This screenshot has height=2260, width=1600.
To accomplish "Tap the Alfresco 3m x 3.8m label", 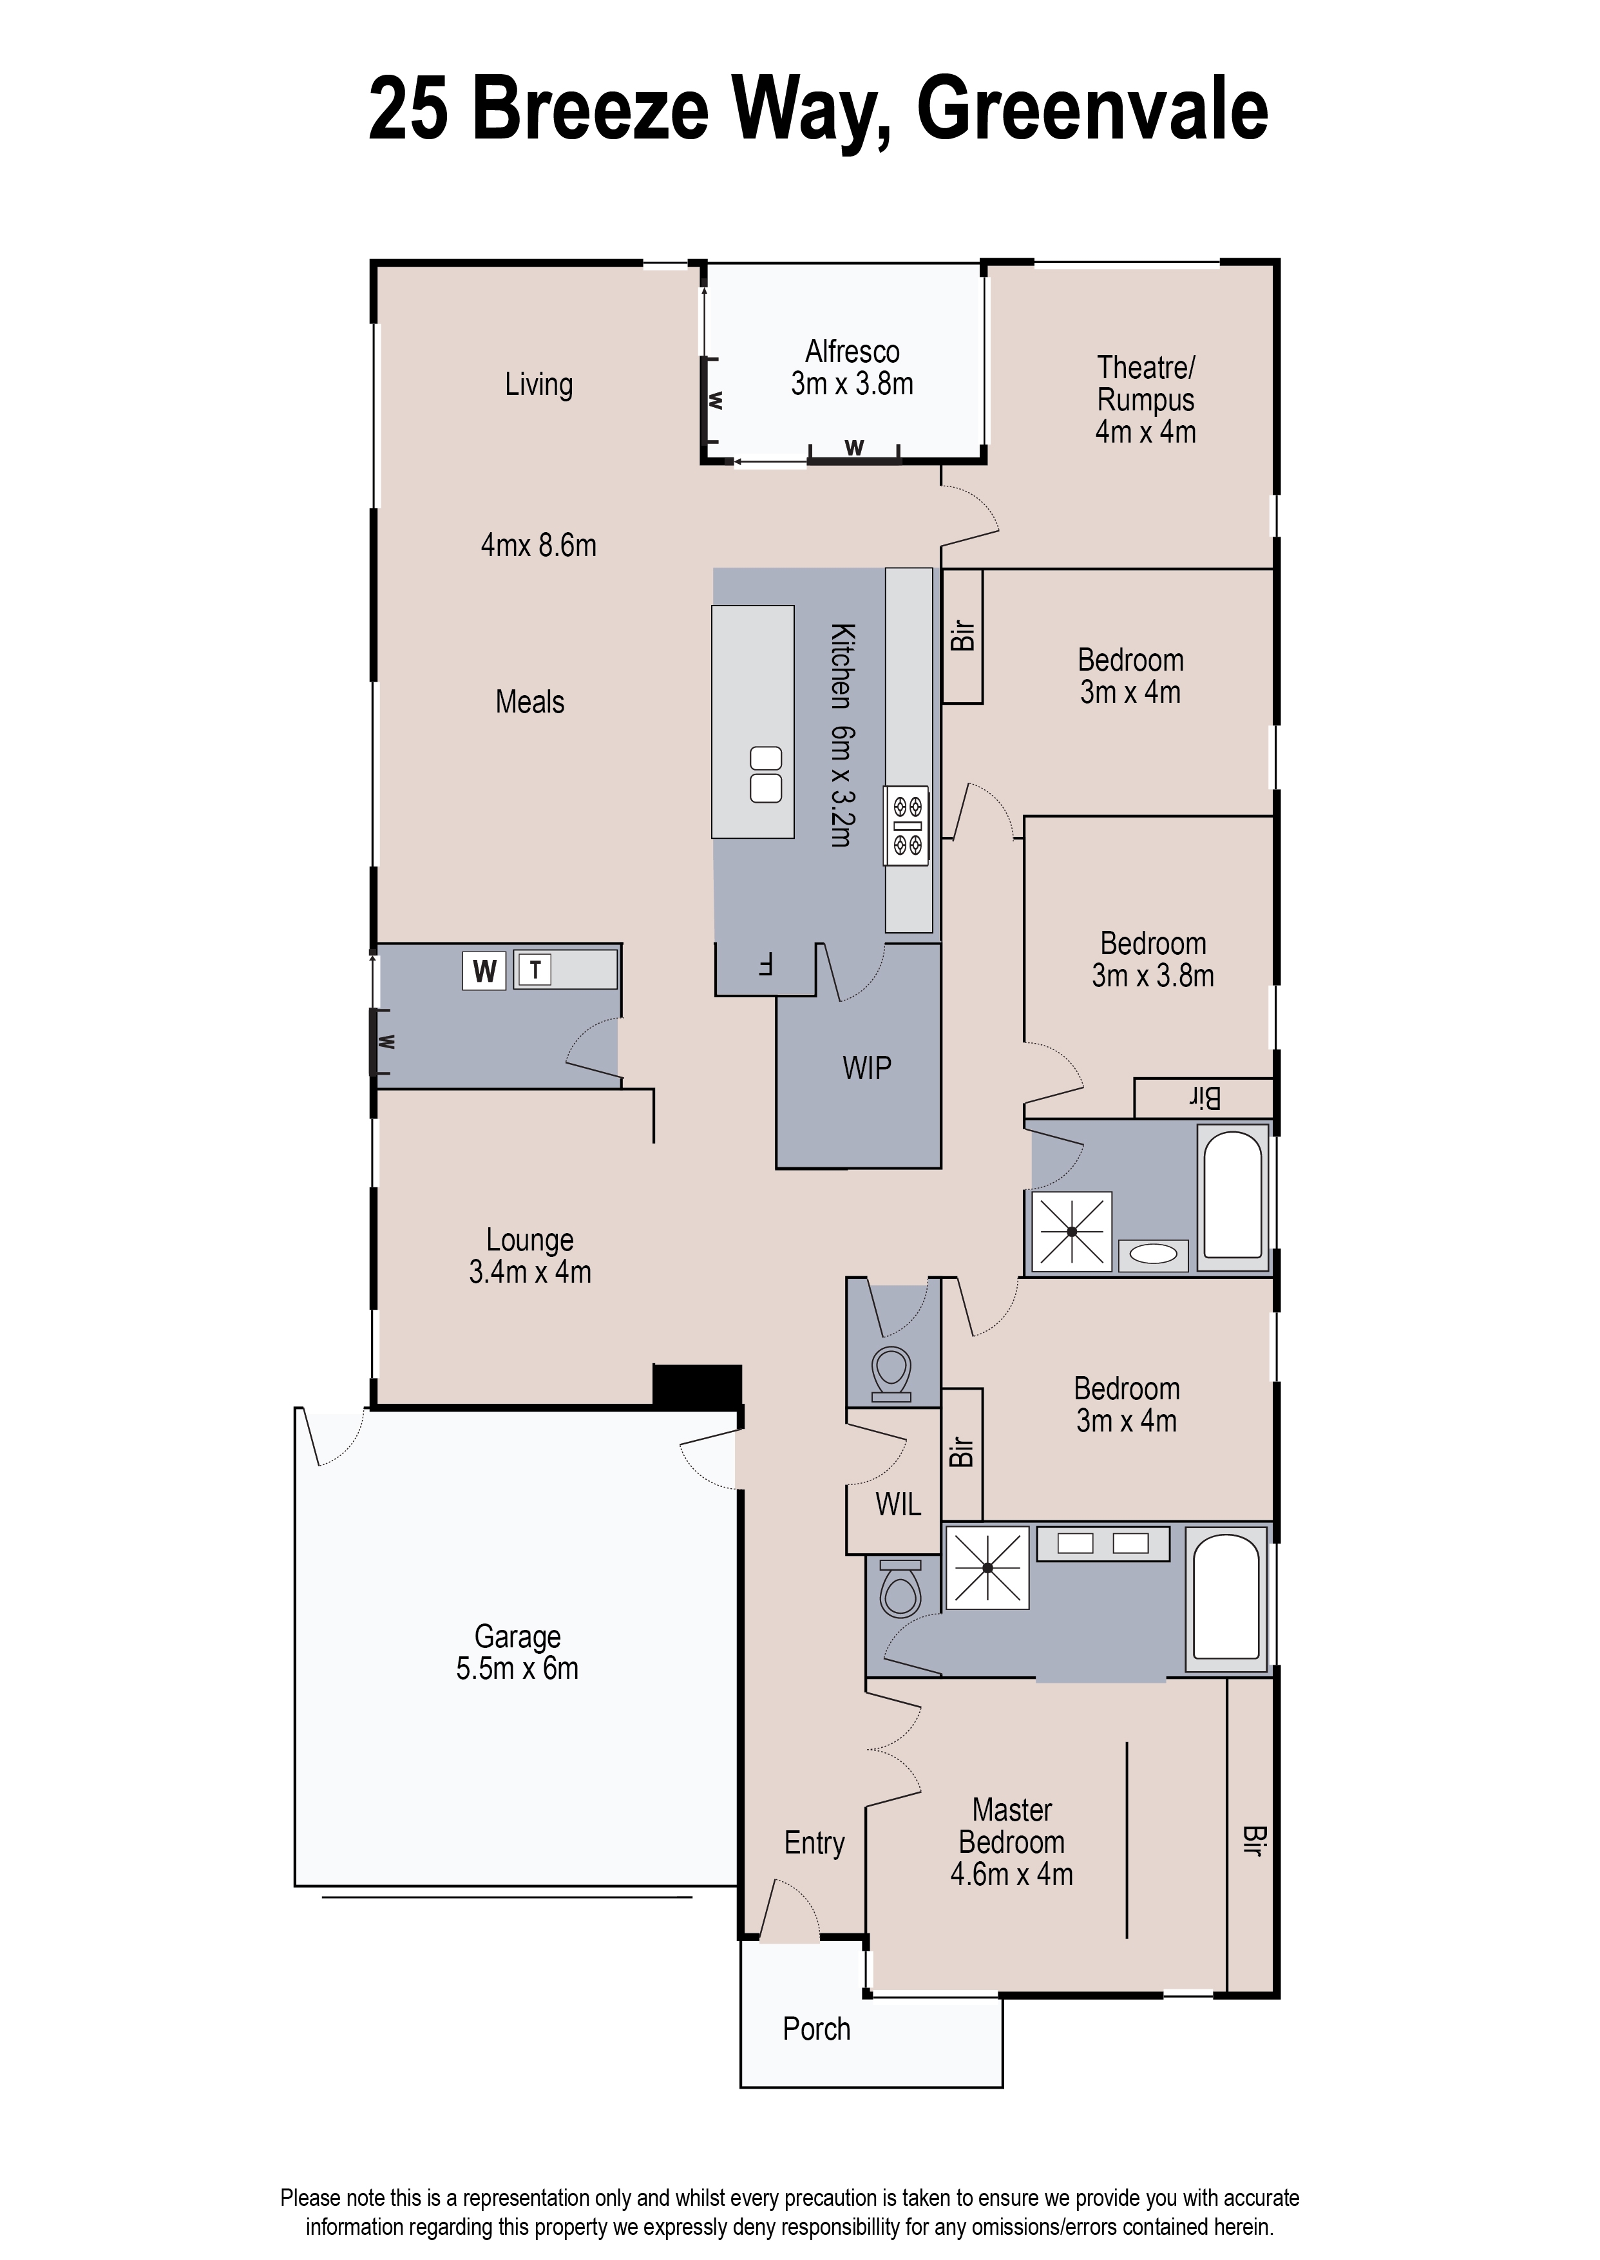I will pyautogui.click(x=852, y=367).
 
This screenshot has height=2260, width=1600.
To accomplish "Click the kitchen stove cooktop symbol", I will pyautogui.click(x=906, y=825).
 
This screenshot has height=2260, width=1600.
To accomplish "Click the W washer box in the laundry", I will pyautogui.click(x=484, y=970).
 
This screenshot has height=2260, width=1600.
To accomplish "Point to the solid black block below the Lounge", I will pyautogui.click(x=696, y=1384).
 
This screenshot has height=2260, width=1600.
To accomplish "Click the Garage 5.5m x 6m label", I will pyautogui.click(x=517, y=1652).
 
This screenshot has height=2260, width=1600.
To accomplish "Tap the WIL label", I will pyautogui.click(x=897, y=1504).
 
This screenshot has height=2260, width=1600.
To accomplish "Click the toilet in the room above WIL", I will pyautogui.click(x=891, y=1372).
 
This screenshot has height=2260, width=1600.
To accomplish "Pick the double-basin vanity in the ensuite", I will pyautogui.click(x=1103, y=1544).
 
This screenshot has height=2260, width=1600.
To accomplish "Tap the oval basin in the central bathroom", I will pyautogui.click(x=1153, y=1254).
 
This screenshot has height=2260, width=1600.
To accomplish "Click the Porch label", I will pyautogui.click(x=815, y=2029).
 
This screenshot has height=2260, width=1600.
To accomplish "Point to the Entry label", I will pyautogui.click(x=814, y=1843).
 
